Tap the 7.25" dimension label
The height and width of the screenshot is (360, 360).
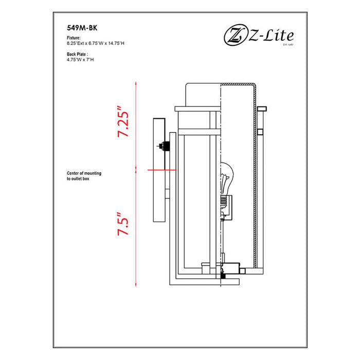[x=123, y=122]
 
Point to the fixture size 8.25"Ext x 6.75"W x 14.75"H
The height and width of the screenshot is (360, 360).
[x=92, y=44]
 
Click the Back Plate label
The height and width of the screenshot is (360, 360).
[x=78, y=53]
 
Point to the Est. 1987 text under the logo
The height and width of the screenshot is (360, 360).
[x=287, y=45]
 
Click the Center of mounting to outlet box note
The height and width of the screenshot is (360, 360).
[x=84, y=176]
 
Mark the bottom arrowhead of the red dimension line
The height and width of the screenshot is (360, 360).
[x=136, y=284]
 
